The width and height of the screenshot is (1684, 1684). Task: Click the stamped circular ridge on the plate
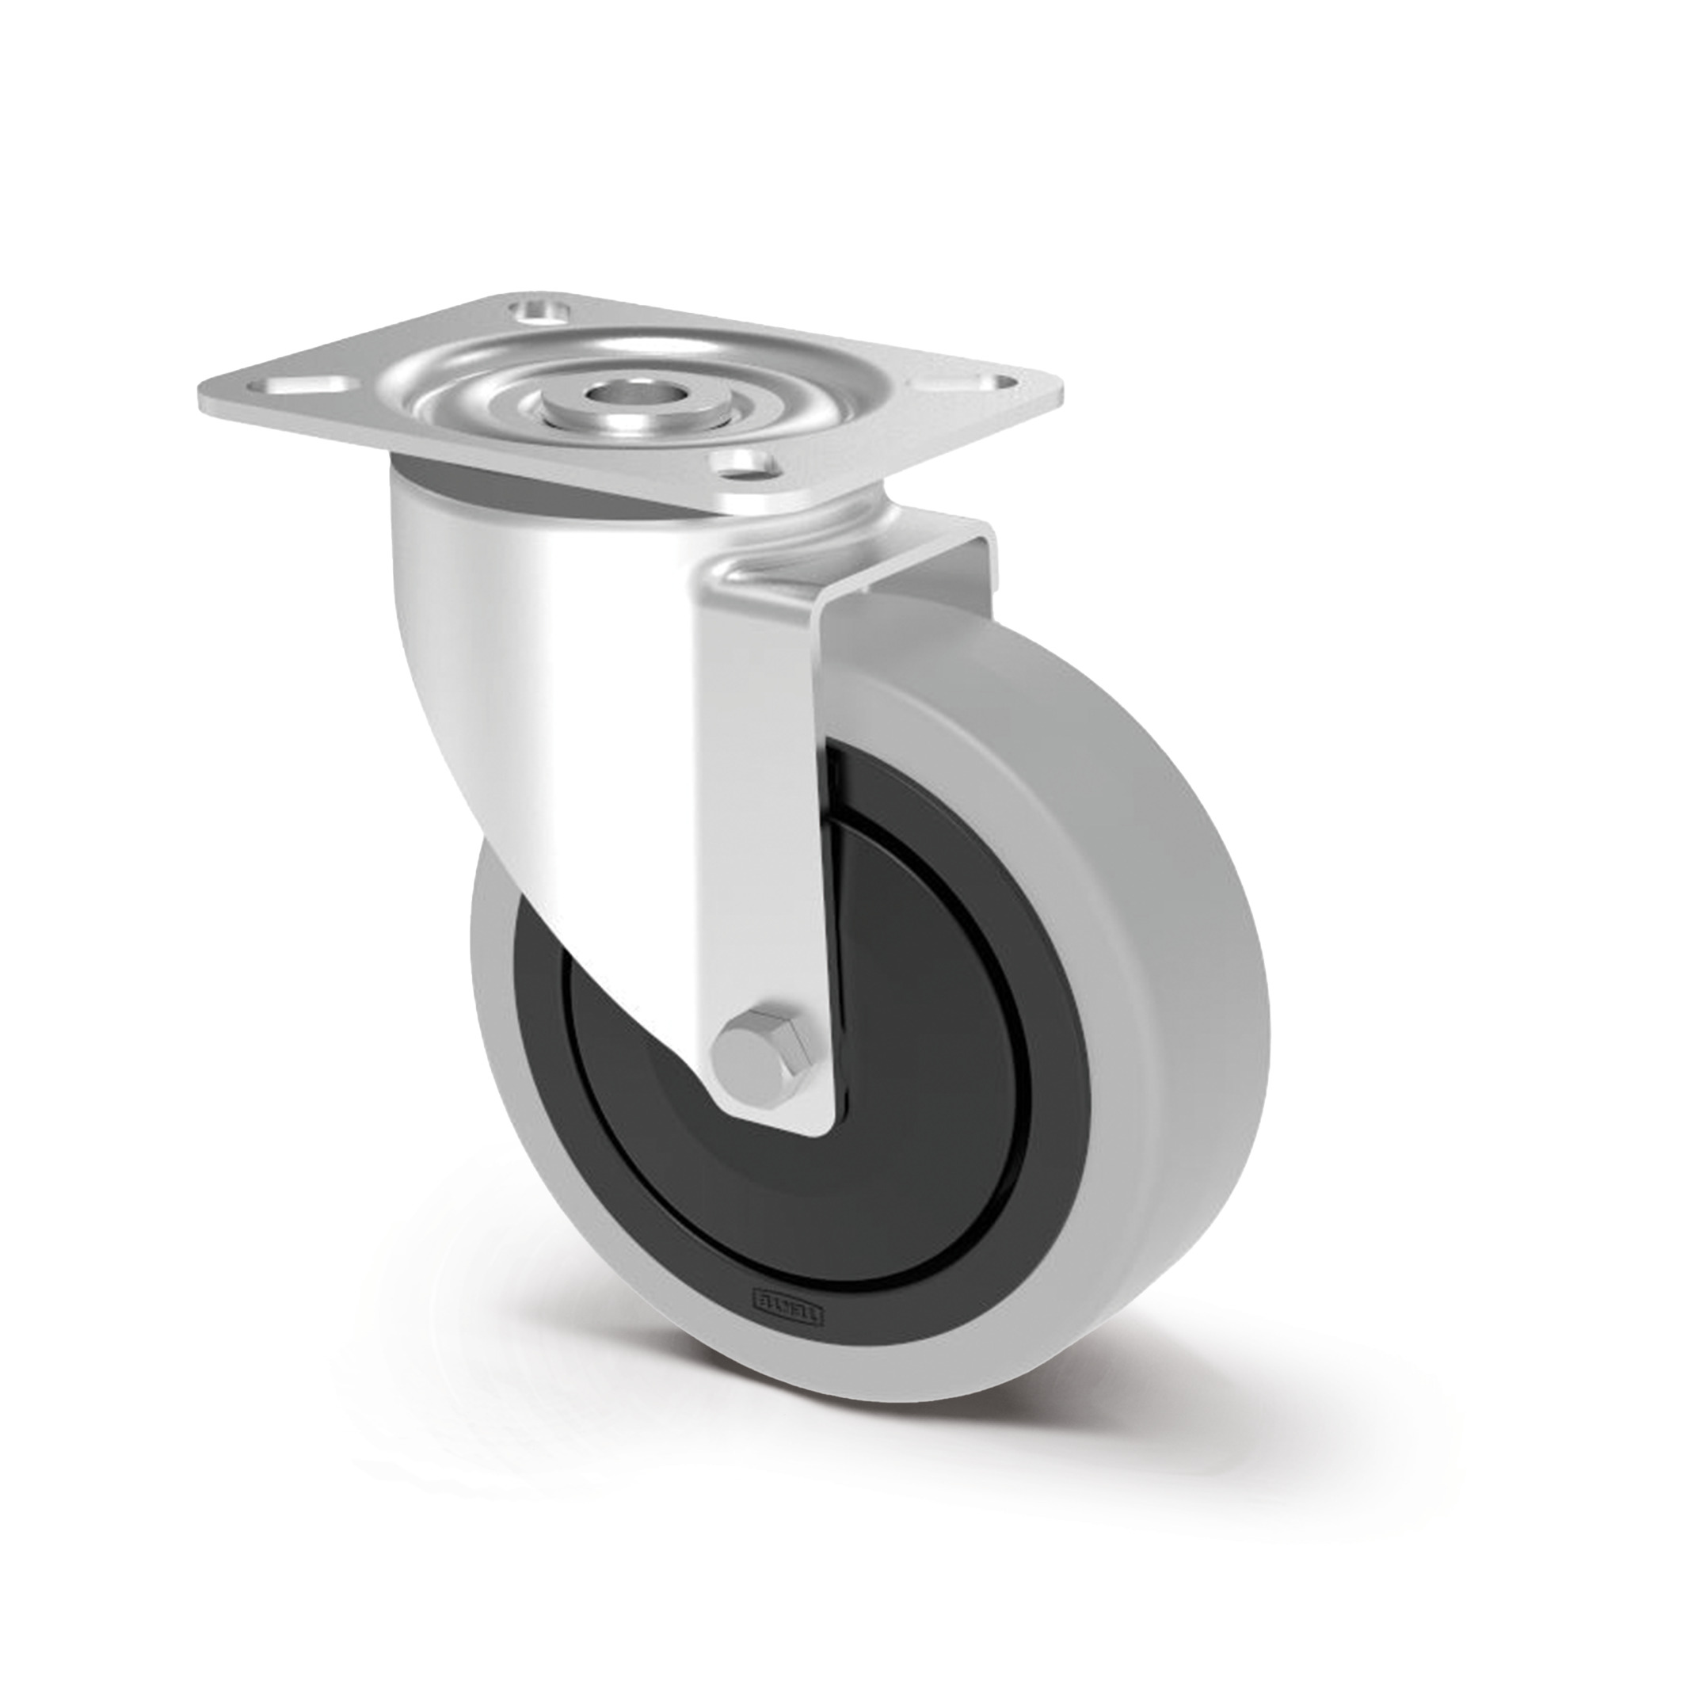click(x=488, y=366)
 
